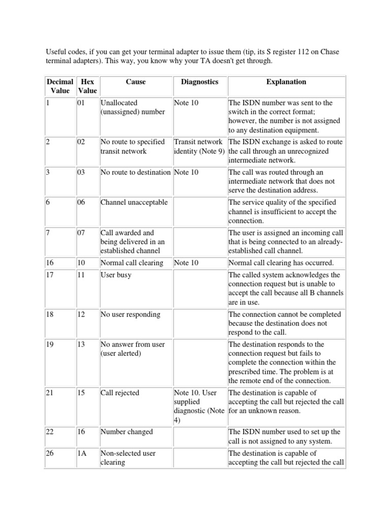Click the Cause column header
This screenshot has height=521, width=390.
click(x=136, y=81)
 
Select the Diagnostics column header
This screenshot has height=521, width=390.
click(x=200, y=81)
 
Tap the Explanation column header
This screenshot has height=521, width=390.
click(x=286, y=81)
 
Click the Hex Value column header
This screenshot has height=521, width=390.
click(x=87, y=86)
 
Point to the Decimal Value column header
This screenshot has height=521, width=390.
click(x=60, y=86)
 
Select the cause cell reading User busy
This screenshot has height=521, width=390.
click(x=116, y=275)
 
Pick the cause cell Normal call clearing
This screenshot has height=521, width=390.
click(x=132, y=263)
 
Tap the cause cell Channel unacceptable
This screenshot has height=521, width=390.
click(x=134, y=202)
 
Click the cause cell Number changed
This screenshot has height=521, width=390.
click(x=126, y=432)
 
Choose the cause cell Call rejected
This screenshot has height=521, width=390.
click(x=120, y=393)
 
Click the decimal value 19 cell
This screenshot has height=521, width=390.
click(x=50, y=344)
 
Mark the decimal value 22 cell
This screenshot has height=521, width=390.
click(x=50, y=432)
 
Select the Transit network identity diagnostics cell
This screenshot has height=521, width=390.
click(x=199, y=147)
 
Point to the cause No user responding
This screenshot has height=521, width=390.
click(x=131, y=314)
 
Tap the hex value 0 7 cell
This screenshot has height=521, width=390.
click(x=81, y=233)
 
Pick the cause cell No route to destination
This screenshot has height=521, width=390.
click(x=136, y=172)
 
